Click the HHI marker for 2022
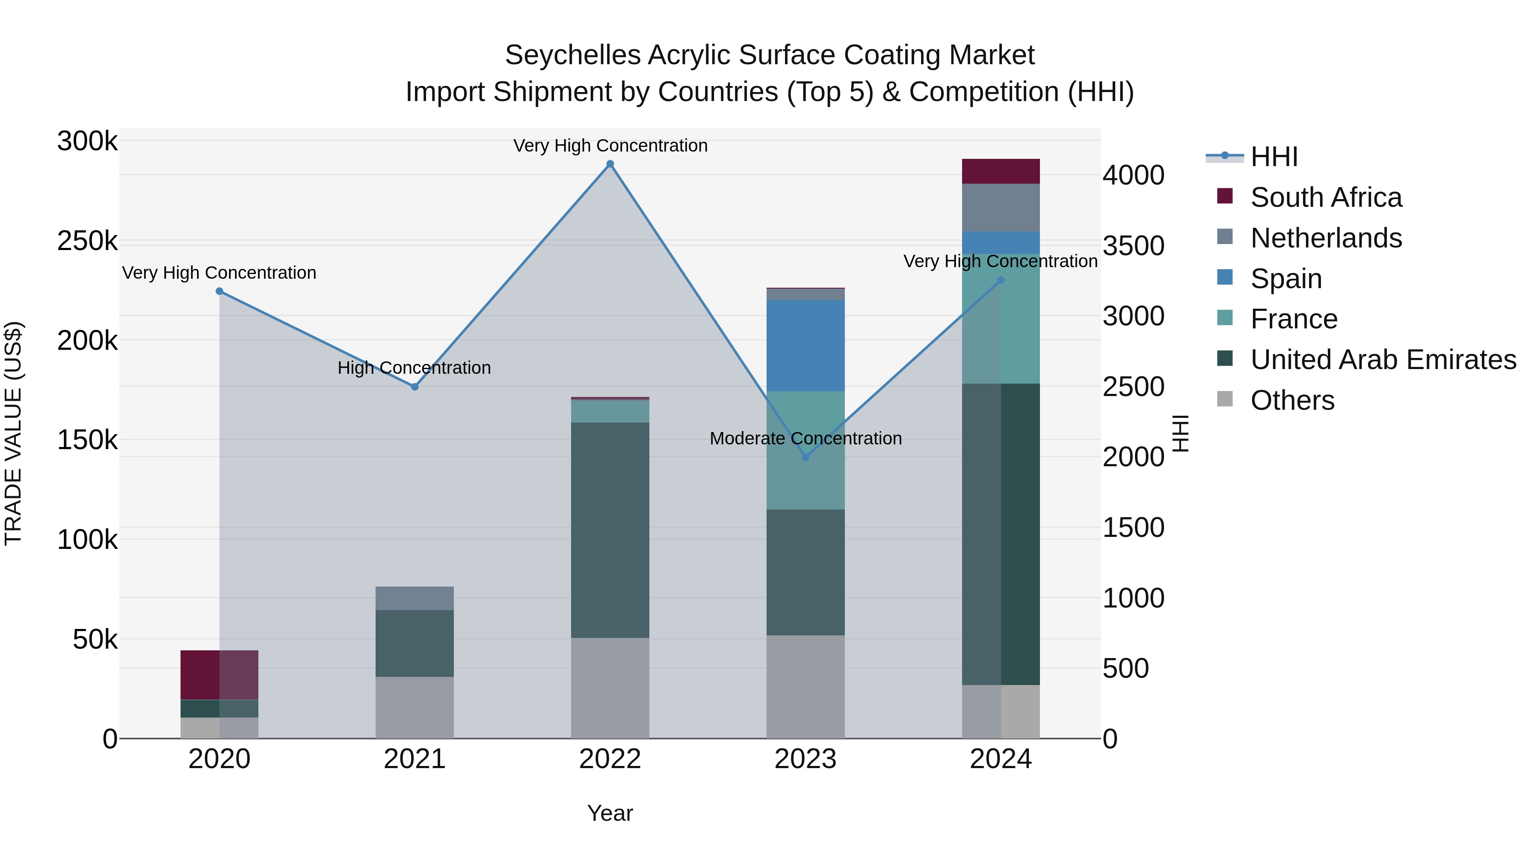coord(610,164)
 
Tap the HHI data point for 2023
coord(805,457)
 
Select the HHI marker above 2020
coord(219,292)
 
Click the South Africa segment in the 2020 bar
coord(219,675)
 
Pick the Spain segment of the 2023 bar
coord(805,346)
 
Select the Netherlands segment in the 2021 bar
coord(414,599)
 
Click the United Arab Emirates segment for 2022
coord(610,530)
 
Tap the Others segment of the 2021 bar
coord(414,707)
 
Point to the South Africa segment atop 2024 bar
coord(1001,172)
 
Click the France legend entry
coord(1294,319)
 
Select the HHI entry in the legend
coord(1273,157)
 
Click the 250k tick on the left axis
coord(87,241)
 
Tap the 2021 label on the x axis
coord(414,759)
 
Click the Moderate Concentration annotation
coord(805,438)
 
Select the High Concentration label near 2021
coord(414,367)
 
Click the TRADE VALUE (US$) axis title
coord(13,433)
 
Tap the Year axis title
coord(610,813)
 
